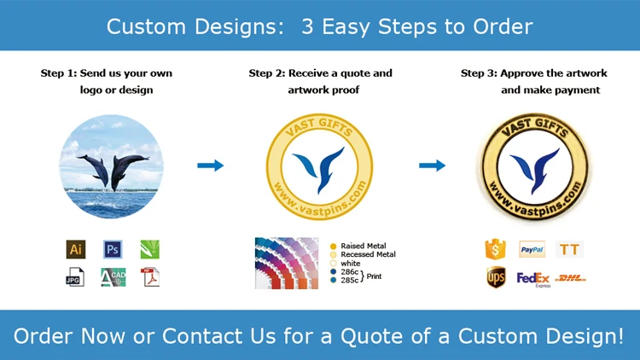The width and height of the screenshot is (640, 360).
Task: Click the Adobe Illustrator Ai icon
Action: click(x=76, y=249)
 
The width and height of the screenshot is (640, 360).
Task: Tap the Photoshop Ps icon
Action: click(x=113, y=249)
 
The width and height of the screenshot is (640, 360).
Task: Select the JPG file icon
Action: click(x=75, y=277)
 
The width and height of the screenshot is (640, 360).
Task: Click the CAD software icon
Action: click(x=113, y=277)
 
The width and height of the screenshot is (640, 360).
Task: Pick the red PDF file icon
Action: click(x=150, y=277)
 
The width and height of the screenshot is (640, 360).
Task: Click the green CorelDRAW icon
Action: click(x=150, y=249)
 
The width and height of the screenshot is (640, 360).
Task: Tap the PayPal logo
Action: click(x=532, y=249)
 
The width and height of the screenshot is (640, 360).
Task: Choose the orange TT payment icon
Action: click(x=569, y=249)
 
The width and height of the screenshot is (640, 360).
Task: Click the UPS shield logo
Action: click(x=496, y=277)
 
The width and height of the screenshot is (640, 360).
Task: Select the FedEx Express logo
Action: click(x=533, y=280)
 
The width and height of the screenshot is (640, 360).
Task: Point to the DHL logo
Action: click(x=571, y=278)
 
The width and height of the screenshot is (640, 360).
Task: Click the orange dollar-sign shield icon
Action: click(x=496, y=249)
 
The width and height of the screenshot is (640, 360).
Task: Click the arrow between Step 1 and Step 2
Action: click(x=211, y=165)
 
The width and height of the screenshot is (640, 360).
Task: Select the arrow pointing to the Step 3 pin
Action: click(x=433, y=165)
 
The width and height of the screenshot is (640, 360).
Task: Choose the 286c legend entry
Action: click(x=345, y=272)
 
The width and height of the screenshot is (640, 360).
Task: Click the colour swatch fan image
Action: click(x=287, y=264)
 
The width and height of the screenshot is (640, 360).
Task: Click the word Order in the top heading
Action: click(x=503, y=26)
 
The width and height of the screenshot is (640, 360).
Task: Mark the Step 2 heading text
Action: click(x=321, y=81)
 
